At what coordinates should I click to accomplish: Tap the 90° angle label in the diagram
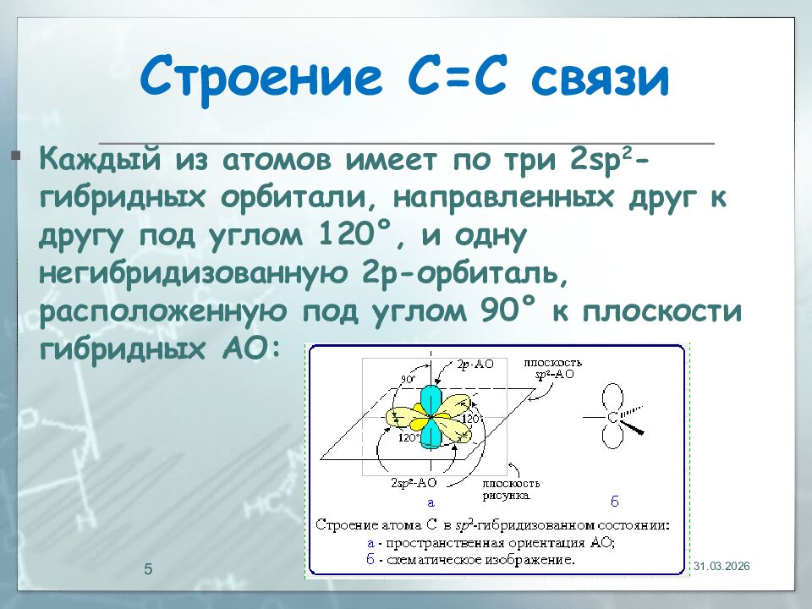coord(408,381)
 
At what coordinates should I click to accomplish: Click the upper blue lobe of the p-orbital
coord(431,398)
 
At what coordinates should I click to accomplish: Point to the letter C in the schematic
coord(612,417)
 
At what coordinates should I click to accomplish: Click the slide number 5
coord(149,568)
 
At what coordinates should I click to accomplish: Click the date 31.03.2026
coord(721,566)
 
